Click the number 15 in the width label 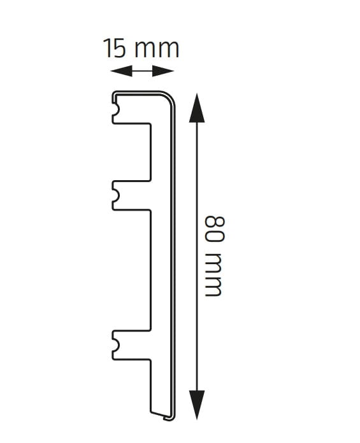click(118, 48)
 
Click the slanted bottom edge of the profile click(161, 415)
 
